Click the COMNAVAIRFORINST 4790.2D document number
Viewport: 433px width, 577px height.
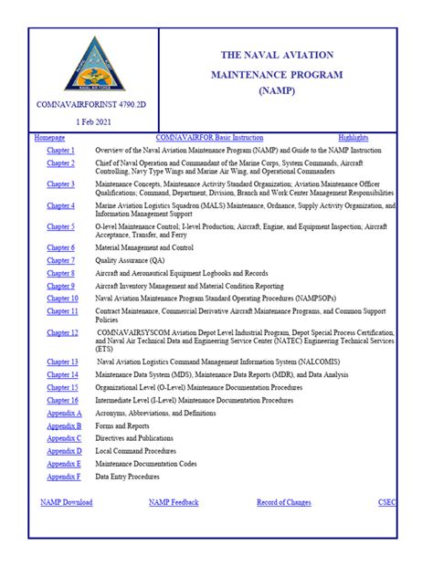pyautogui.click(x=90, y=105)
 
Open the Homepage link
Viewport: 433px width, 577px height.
pyautogui.click(x=49, y=137)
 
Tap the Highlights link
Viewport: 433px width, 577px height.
pyautogui.click(x=354, y=137)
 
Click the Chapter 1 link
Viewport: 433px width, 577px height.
pyautogui.click(x=61, y=150)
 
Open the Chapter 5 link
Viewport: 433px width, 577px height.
pyautogui.click(x=61, y=226)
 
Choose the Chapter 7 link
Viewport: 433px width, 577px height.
pyautogui.click(x=61, y=260)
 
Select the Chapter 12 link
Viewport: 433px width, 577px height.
pyautogui.click(x=63, y=333)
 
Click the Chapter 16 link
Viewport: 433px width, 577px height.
pyautogui.click(x=63, y=400)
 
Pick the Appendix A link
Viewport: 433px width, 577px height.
pyautogui.click(x=65, y=414)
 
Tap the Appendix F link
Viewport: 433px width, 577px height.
pyautogui.click(x=64, y=477)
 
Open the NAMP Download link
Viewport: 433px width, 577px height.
pyautogui.click(x=67, y=502)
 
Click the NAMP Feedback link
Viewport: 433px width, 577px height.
pyautogui.click(x=174, y=502)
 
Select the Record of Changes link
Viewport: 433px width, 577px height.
pyautogui.click(x=283, y=502)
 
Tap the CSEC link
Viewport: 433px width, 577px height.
pyautogui.click(x=386, y=502)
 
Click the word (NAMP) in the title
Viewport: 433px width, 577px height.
pyautogui.click(x=277, y=91)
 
